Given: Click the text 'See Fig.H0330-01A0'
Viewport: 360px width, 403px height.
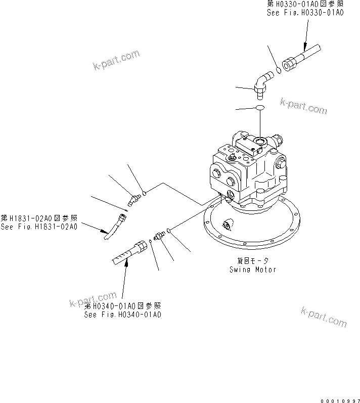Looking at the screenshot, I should [x=305, y=13].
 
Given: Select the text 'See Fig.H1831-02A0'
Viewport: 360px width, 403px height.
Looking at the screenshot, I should [x=39, y=227].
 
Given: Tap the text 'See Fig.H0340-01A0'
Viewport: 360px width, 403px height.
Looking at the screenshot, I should [x=123, y=314].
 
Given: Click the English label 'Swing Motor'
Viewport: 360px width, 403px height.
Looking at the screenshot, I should [x=252, y=270].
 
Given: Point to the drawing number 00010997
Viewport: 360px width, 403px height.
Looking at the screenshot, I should [x=338, y=398].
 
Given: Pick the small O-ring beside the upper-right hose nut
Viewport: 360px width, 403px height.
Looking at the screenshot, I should [x=279, y=71].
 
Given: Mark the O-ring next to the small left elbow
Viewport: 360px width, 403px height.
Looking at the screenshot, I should [x=145, y=192].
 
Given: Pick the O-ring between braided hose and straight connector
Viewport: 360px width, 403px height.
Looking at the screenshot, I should [x=151, y=242].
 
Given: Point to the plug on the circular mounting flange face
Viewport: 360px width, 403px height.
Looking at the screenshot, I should [x=225, y=223].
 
